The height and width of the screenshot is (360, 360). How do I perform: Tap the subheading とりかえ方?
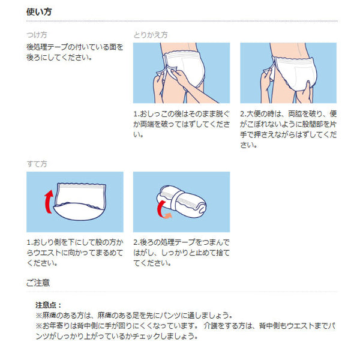pyautogui.click(x=150, y=35)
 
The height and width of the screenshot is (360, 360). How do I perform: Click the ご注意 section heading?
pyautogui.click(x=38, y=281)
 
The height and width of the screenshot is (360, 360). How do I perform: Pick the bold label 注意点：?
pyautogui.click(x=49, y=305)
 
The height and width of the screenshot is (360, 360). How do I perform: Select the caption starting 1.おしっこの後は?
pyautogui.click(x=181, y=124)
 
